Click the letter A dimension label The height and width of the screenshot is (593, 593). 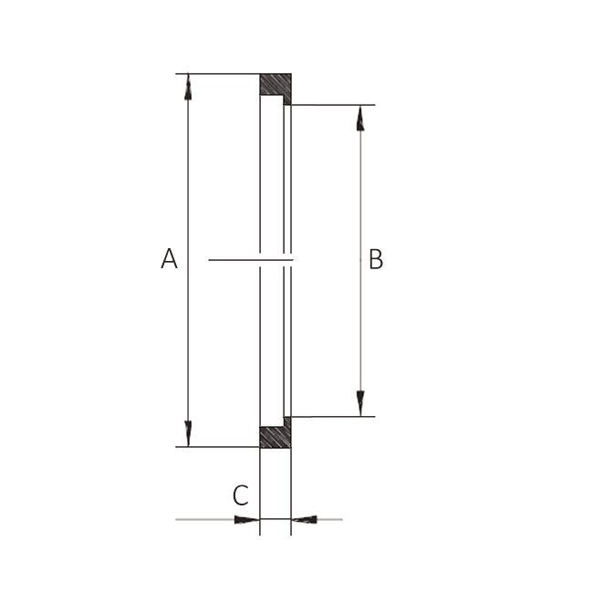(169, 259)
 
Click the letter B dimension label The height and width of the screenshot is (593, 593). (375, 260)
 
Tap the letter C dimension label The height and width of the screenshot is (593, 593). (240, 495)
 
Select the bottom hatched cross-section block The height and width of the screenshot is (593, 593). (275, 437)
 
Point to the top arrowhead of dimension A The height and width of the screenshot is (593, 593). (188, 87)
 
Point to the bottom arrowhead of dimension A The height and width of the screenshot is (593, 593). (188, 433)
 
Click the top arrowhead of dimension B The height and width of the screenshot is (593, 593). (360, 118)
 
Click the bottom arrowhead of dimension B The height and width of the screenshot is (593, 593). (360, 403)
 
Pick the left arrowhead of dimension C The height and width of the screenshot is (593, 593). (246, 520)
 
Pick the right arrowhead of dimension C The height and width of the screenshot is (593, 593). (305, 520)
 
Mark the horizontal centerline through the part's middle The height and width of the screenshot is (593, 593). (233, 260)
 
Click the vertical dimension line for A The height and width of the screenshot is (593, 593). (188, 182)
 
